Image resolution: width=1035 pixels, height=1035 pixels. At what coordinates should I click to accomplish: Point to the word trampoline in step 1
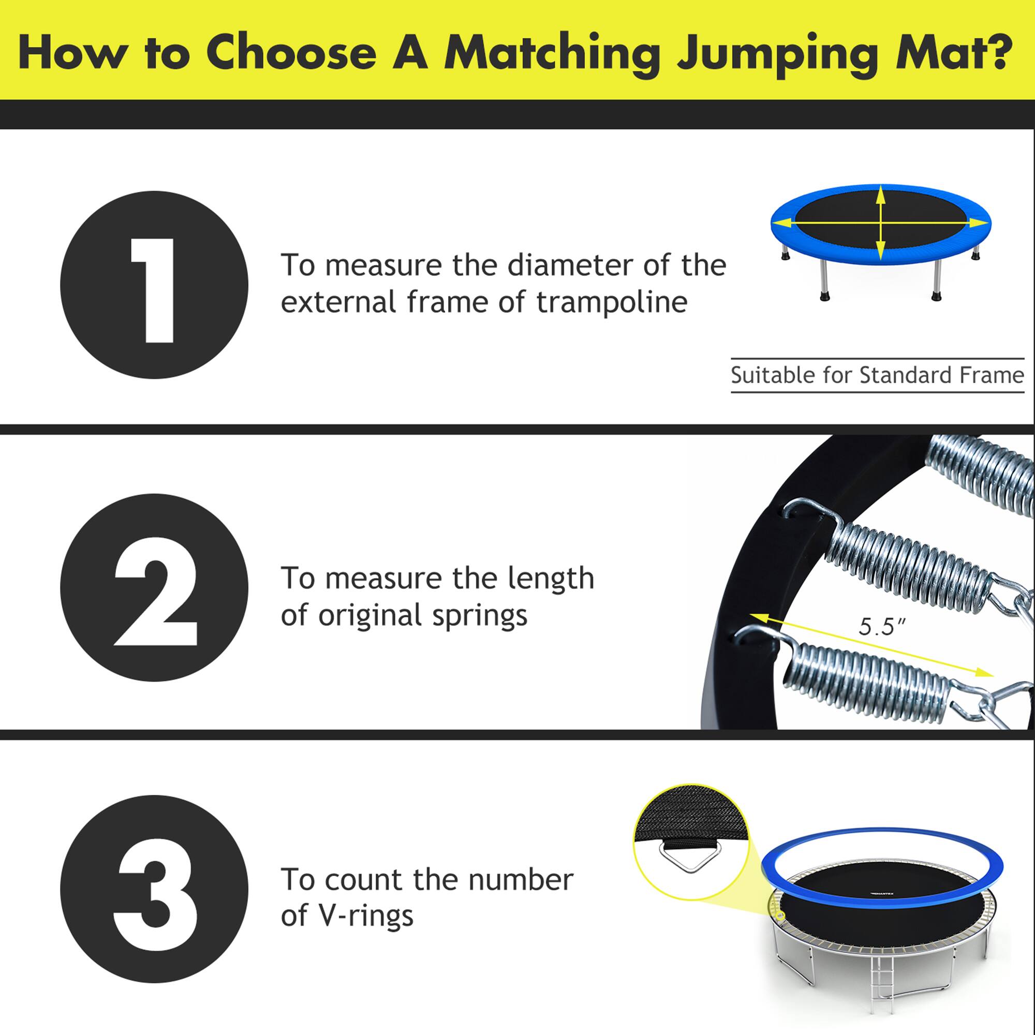click(612, 303)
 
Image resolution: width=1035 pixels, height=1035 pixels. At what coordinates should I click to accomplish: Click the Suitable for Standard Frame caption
click(877, 376)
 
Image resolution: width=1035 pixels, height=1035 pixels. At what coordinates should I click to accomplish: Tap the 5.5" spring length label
click(881, 626)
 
